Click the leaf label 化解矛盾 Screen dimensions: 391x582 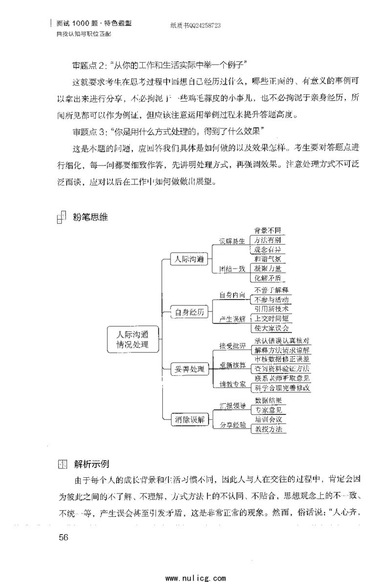[267, 278]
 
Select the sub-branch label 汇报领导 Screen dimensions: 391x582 [232, 405]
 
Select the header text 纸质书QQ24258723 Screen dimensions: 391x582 [188, 27]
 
